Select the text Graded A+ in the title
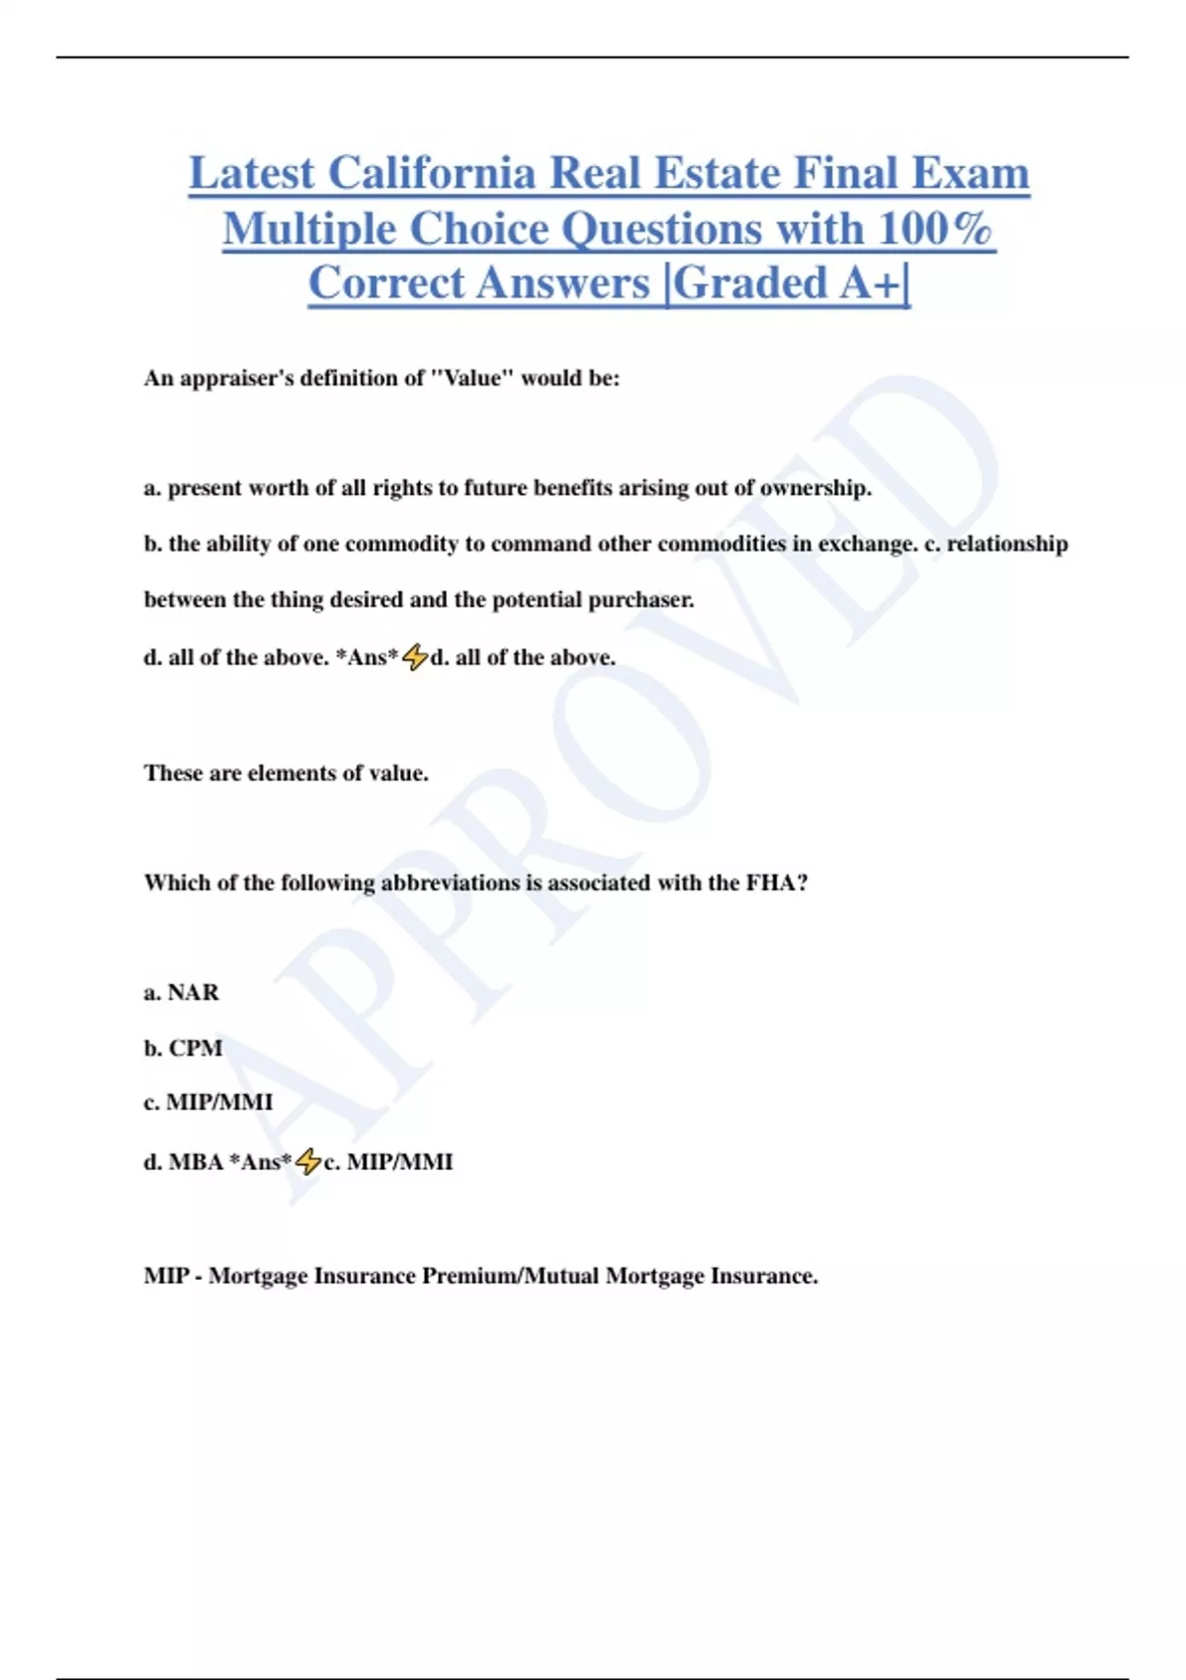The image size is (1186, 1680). pos(787,283)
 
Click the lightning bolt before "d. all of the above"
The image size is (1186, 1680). pos(415,657)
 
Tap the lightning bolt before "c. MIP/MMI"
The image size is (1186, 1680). pos(308,1161)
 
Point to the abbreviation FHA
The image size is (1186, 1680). pos(776,882)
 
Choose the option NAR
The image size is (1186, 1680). pos(194,992)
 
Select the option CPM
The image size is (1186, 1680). pos(196,1048)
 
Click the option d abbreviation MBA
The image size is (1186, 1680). pos(196,1161)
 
